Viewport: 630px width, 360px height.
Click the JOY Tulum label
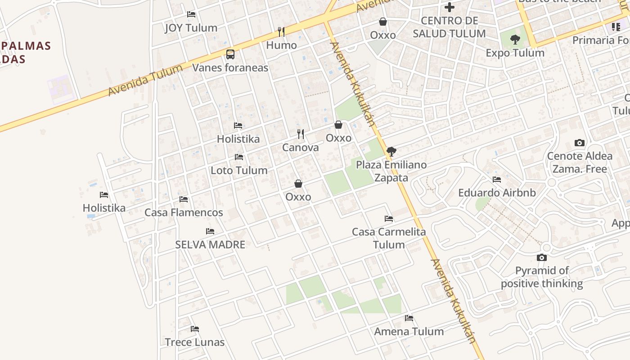tap(191, 28)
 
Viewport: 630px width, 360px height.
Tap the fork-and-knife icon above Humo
tap(281, 31)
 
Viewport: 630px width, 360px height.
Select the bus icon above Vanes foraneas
tap(230, 54)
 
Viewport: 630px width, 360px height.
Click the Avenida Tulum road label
tap(145, 81)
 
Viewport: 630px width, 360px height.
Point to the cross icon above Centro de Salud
tap(449, 7)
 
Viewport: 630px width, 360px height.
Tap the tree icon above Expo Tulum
tap(515, 40)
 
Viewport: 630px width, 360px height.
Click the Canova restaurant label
tap(300, 148)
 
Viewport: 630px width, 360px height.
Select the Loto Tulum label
tap(239, 171)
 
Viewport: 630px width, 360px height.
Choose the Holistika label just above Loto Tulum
tap(238, 139)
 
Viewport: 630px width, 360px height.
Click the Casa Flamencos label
tap(184, 213)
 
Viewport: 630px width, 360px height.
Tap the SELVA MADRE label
tap(210, 245)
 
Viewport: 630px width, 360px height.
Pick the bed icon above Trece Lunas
tap(195, 329)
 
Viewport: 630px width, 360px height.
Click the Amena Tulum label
tap(409, 332)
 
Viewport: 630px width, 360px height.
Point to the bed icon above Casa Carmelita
tap(389, 219)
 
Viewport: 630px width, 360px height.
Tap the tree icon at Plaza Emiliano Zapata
tap(391, 152)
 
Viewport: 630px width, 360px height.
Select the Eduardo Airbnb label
tap(497, 193)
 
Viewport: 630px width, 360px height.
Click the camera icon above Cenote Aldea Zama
tap(580, 143)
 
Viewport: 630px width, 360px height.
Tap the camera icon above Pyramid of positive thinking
tap(542, 258)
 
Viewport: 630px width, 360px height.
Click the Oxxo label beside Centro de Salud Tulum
tap(382, 35)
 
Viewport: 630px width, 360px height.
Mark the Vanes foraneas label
tap(230, 68)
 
